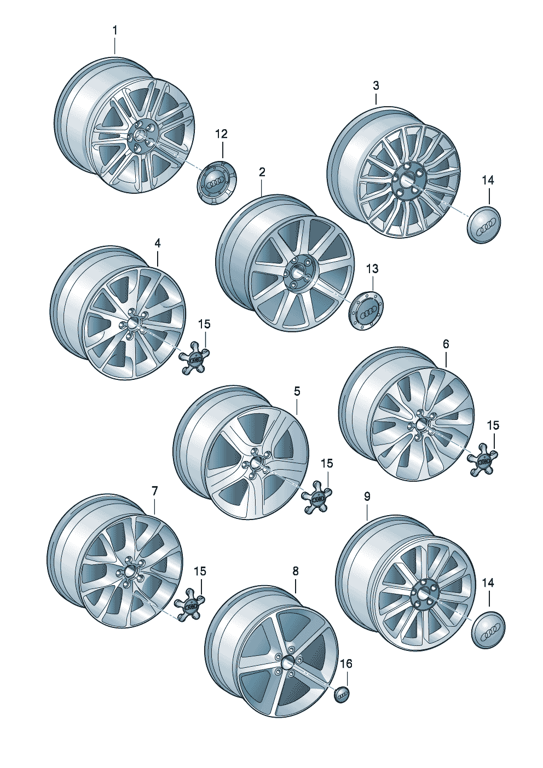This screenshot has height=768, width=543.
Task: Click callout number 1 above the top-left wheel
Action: click(115, 31)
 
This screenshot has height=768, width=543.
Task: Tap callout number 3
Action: click(376, 86)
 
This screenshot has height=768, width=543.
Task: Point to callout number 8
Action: click(296, 571)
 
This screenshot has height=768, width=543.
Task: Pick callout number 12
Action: click(222, 134)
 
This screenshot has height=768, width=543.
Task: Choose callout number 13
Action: click(372, 268)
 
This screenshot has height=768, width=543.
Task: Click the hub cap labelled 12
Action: click(217, 183)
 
